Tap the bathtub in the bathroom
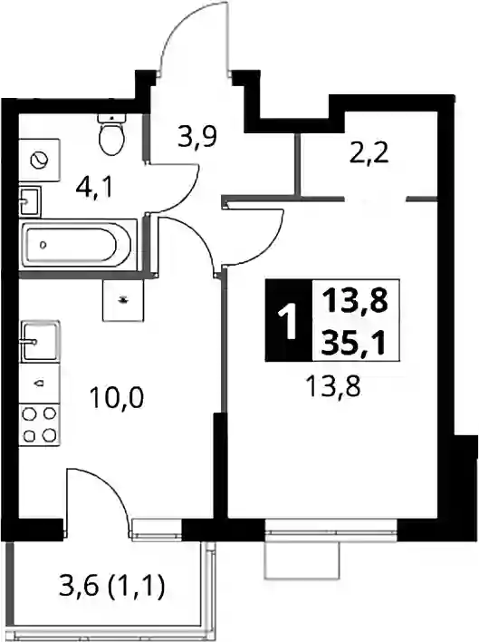point(78,245)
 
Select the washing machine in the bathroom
point(40,160)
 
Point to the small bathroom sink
point(30,201)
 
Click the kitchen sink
point(40,341)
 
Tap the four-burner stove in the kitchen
point(40,424)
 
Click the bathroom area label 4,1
point(93,190)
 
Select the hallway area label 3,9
point(197,139)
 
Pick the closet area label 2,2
point(369,153)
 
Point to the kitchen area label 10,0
point(117,398)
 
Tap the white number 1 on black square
point(289,321)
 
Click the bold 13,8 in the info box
point(354,301)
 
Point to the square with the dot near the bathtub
point(123,300)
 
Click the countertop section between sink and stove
point(40,383)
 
